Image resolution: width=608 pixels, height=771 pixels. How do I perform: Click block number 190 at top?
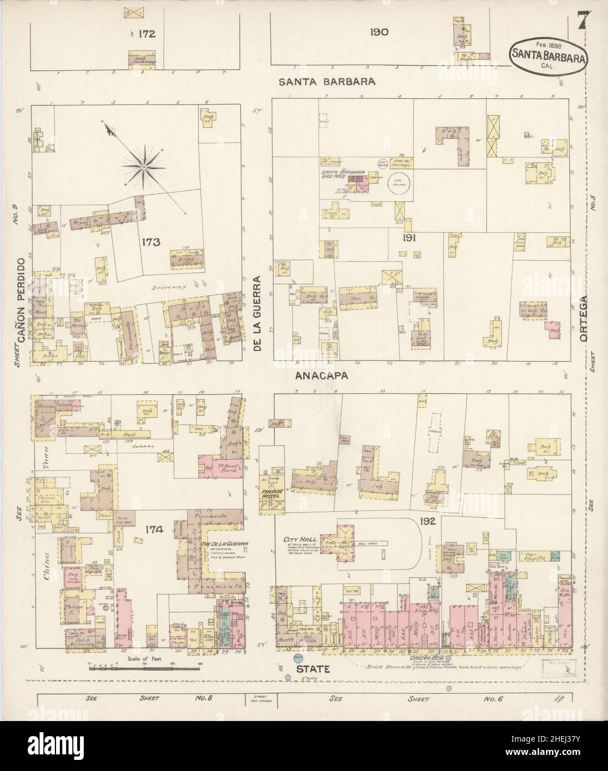click(381, 32)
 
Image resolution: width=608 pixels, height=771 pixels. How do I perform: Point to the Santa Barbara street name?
click(327, 81)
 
